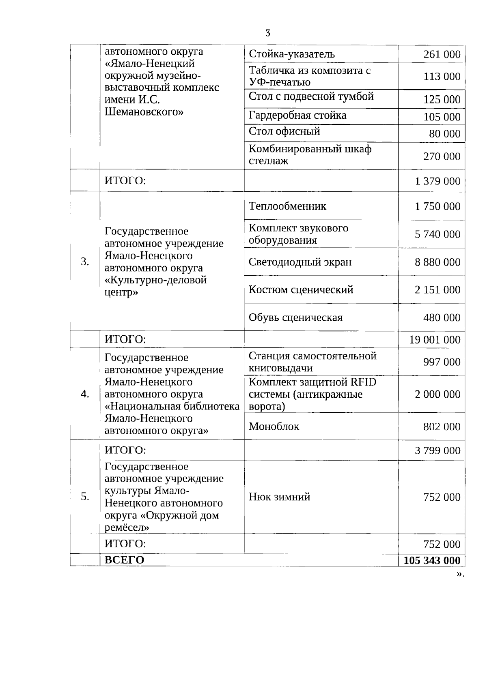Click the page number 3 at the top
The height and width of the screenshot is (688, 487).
(267, 33)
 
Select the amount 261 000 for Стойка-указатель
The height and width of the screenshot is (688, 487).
(442, 54)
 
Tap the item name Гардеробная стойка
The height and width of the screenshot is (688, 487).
(297, 116)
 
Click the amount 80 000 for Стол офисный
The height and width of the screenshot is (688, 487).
(444, 134)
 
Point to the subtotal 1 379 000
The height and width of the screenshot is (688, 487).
(437, 181)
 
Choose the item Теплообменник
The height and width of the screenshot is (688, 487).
(287, 206)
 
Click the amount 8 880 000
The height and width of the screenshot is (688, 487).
(437, 262)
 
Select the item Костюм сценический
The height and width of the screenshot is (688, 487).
(301, 289)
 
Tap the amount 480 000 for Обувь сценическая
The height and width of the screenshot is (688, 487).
(442, 317)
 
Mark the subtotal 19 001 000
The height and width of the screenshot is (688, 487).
(435, 340)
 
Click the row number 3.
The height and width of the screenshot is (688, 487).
(85, 262)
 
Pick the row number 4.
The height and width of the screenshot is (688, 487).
(85, 394)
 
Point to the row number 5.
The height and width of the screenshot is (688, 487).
(85, 497)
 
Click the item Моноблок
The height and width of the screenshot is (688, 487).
(274, 427)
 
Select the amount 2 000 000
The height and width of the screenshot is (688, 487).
(437, 394)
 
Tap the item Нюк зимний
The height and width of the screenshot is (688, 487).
(279, 497)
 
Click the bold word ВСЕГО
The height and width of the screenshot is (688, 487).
(124, 560)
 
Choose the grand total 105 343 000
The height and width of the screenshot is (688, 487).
(432, 560)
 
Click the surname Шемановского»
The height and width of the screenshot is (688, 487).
(144, 112)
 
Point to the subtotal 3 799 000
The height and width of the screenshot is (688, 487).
(437, 450)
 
